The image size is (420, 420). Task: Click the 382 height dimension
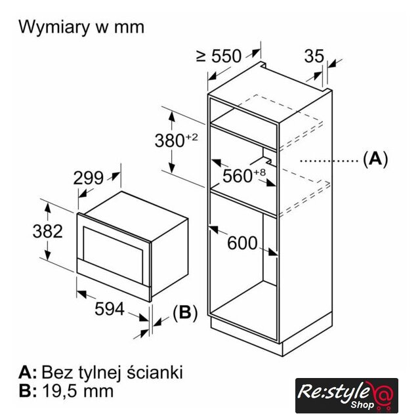click(48, 231)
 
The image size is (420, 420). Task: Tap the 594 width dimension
click(110, 309)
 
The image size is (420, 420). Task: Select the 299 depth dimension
click(88, 178)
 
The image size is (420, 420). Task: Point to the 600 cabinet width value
click(242, 243)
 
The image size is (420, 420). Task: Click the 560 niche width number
click(238, 176)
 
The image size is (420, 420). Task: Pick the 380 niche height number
click(169, 141)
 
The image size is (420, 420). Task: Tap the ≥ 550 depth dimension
click(219, 56)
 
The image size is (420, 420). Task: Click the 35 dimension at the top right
click(314, 56)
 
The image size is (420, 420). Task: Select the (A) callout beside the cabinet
click(375, 159)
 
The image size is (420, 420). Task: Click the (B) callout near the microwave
click(185, 312)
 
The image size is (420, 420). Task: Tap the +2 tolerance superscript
click(192, 137)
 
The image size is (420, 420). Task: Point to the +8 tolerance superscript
click(259, 172)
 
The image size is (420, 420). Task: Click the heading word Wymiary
click(54, 28)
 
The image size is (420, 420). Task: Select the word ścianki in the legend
click(155, 372)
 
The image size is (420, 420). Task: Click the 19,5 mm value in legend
click(78, 391)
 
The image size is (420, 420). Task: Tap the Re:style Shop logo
click(346, 395)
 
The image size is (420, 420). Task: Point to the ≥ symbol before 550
click(201, 56)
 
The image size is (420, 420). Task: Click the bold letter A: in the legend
click(28, 372)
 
